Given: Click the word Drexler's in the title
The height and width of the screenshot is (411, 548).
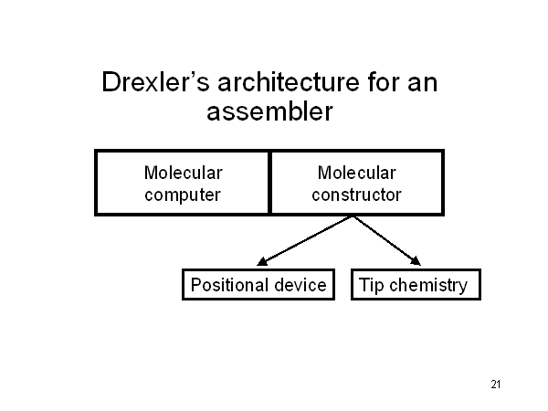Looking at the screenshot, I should [x=154, y=83].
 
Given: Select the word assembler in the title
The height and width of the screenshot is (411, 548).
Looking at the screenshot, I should [x=269, y=113].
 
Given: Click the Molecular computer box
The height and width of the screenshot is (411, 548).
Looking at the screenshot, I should [x=183, y=183].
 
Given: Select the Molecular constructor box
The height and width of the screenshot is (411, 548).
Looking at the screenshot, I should [x=356, y=183].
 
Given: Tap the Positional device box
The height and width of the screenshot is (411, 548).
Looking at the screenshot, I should [x=258, y=285].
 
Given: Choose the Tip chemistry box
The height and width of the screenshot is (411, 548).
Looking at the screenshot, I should [x=415, y=285].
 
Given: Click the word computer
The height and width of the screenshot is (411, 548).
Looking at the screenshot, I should [x=183, y=195].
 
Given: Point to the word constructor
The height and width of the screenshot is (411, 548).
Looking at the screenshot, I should [x=356, y=195].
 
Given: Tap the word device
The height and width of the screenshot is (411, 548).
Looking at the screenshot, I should [x=300, y=285].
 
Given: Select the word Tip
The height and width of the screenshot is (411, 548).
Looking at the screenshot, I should [x=371, y=285].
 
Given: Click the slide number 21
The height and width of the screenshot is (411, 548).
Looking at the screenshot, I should [x=496, y=384].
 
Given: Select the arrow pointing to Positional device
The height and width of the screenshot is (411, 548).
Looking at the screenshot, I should [x=305, y=242].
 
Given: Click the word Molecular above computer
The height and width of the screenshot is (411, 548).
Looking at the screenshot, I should [x=183, y=172].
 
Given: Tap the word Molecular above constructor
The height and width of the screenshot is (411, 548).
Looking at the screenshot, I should [x=356, y=172].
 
